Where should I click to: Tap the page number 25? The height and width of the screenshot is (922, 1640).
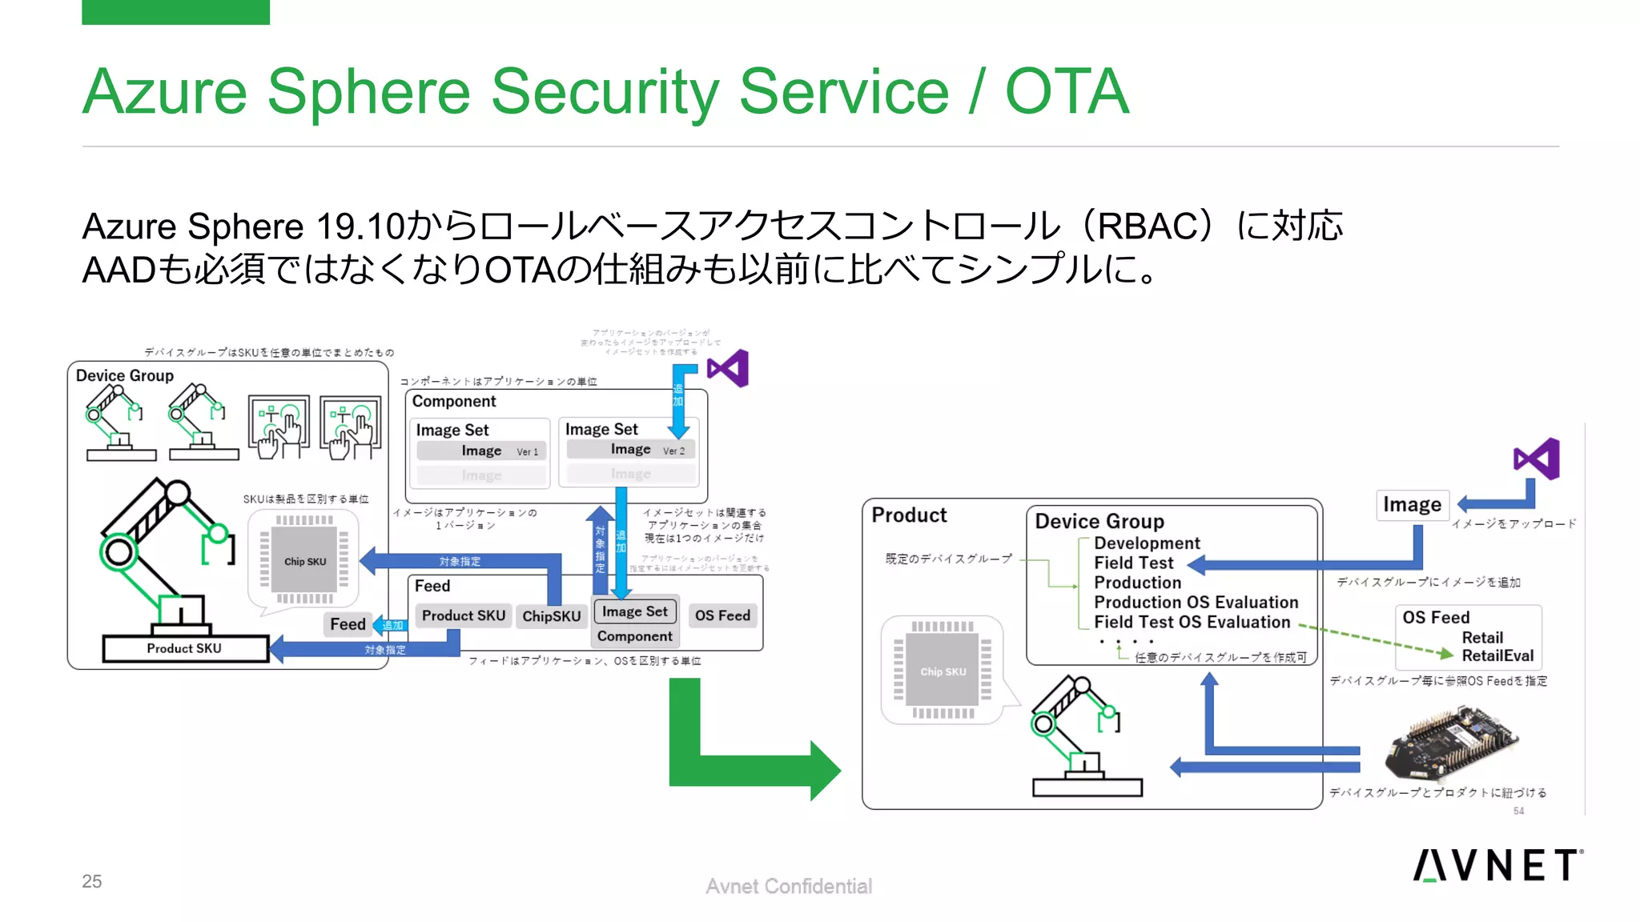(92, 881)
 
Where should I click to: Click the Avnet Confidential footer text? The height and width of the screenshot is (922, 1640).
(789, 886)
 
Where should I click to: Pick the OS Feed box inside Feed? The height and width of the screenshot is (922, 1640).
(722, 615)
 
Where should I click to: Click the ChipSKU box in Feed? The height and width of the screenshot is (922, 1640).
(551, 616)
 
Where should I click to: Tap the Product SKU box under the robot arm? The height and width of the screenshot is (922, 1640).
(185, 648)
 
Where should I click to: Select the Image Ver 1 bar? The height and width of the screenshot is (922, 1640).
(481, 451)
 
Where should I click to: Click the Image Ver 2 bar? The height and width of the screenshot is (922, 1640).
(631, 450)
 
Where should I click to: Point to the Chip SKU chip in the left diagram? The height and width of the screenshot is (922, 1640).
(304, 561)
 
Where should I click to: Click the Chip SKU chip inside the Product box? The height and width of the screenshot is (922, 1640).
(943, 671)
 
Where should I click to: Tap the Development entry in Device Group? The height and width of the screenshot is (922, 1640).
(1147, 543)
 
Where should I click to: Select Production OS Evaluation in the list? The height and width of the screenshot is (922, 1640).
(1196, 602)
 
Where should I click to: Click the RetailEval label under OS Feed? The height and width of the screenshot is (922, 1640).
(1497, 655)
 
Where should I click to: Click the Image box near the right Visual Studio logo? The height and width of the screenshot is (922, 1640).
(1412, 505)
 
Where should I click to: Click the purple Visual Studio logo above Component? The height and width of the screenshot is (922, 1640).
(729, 369)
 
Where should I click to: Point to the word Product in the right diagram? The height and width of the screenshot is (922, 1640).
(909, 515)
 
